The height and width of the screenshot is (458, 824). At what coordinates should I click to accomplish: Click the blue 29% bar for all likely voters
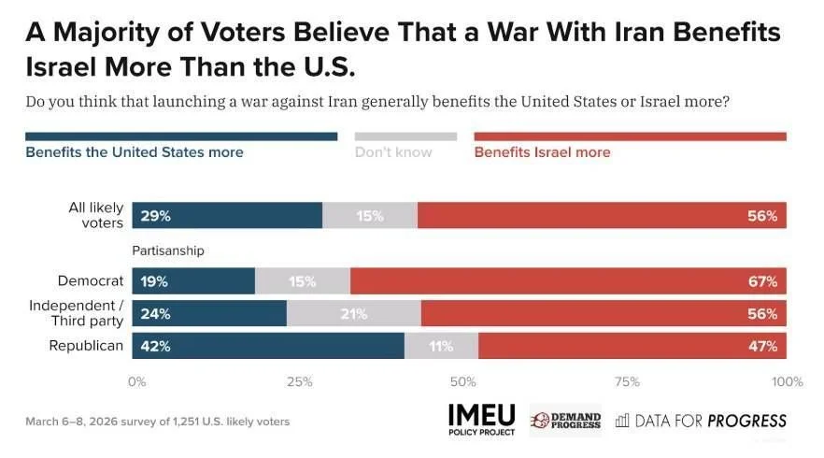[227, 215]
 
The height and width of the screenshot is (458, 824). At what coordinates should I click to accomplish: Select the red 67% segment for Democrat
[568, 280]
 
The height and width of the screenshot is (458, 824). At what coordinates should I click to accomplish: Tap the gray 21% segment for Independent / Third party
[354, 313]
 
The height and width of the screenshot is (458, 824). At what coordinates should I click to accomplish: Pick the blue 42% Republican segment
[268, 346]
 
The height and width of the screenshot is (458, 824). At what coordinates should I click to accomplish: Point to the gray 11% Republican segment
[441, 346]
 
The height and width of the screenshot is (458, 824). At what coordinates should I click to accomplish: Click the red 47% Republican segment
[632, 346]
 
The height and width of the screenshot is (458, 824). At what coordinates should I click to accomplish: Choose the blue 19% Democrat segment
[193, 280]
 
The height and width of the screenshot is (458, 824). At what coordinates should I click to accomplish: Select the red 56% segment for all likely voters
[603, 215]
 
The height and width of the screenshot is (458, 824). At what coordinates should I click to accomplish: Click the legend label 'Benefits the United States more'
[135, 152]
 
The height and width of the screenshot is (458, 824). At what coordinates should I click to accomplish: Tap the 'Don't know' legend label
[393, 152]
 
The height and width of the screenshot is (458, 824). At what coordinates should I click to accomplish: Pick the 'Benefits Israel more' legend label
[542, 152]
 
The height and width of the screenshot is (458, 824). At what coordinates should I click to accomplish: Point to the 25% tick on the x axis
[300, 381]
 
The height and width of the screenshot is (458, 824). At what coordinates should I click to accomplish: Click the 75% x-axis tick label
[627, 381]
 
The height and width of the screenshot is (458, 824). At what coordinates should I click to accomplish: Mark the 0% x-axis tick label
[136, 381]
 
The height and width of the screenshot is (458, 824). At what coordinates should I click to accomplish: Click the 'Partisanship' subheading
[168, 250]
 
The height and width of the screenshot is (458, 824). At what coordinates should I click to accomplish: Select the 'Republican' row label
[86, 346]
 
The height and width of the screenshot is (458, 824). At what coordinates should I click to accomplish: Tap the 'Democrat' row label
[91, 280]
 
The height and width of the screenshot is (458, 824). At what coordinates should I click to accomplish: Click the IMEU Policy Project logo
[482, 420]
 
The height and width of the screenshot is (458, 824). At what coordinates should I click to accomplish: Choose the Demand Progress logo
[565, 420]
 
